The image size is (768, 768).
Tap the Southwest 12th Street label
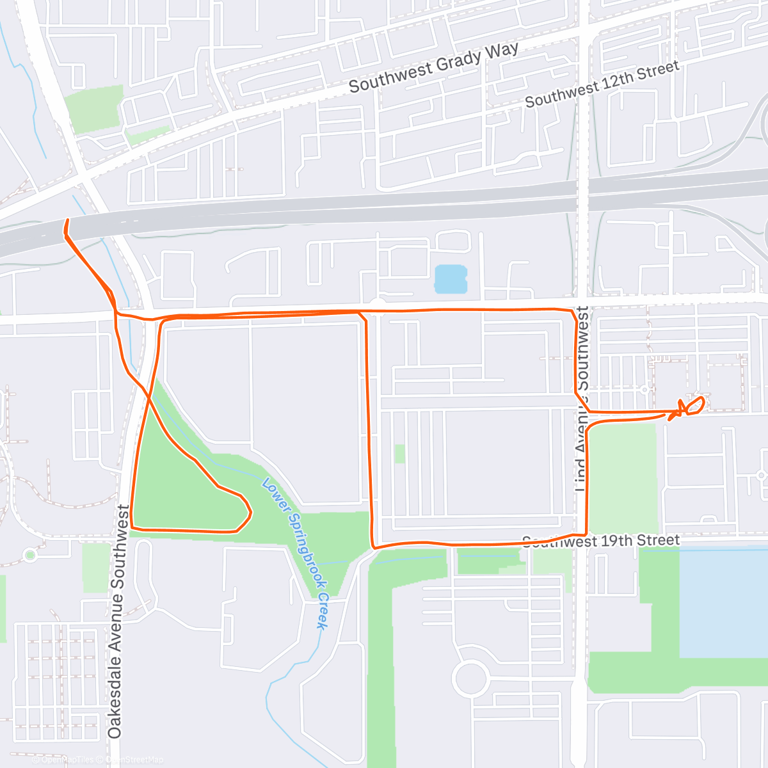pos(602,84)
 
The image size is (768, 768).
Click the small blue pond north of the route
pos(451,280)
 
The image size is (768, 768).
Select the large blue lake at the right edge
pos(723,602)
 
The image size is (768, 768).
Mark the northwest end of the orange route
pos(67,221)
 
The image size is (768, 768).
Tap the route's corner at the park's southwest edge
pos(132,527)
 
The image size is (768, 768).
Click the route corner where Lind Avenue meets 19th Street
pos(586,534)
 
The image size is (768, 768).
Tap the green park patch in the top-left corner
pos(94,109)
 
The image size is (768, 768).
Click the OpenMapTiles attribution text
pos(67,760)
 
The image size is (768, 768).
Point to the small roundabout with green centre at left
pos(29,555)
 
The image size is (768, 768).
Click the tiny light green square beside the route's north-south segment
pos(399,453)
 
